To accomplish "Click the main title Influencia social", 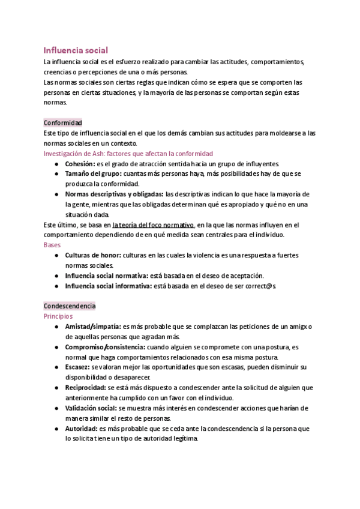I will coord(76,50).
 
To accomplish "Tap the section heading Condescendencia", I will coord(70,306).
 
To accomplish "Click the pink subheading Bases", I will coord(52,245).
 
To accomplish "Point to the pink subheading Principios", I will coord(58,316).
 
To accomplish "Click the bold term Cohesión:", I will coord(80,163).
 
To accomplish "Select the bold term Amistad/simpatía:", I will coord(92,326).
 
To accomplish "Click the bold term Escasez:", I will coord(78,367).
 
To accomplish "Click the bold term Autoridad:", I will coord(80,429).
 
